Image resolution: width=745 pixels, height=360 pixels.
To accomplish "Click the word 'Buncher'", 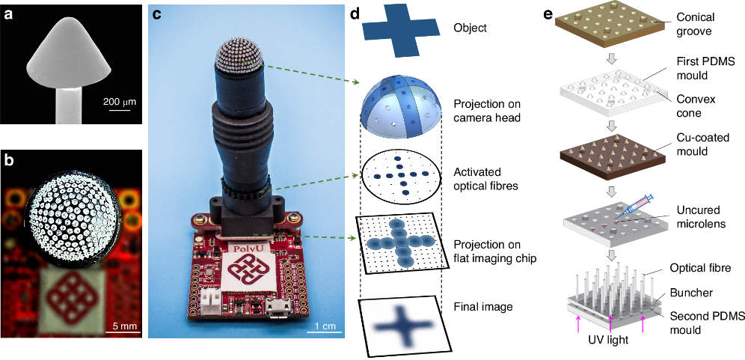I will (x=692, y=294).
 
